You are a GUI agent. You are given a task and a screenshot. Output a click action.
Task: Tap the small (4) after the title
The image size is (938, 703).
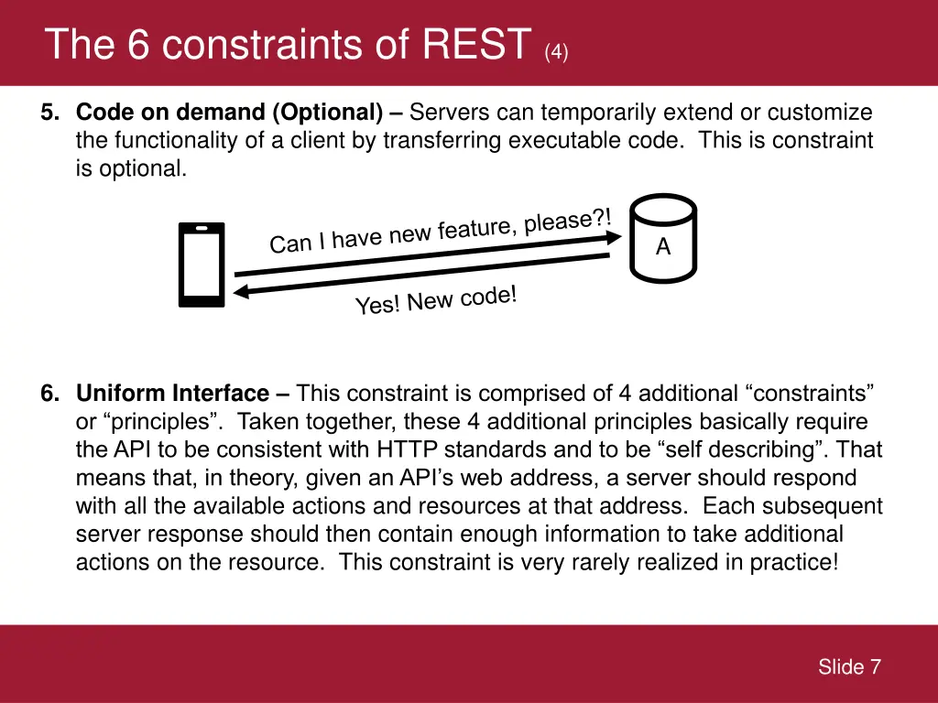pos(556,52)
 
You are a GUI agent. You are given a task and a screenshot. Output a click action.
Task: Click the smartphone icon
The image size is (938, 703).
pos(202,265)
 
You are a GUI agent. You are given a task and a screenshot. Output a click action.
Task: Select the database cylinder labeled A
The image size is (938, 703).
pos(663,238)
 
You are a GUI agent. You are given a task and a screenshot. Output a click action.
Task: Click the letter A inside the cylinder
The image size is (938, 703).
pos(663,246)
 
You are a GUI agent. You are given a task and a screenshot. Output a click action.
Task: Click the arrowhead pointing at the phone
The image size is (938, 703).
pos(242,292)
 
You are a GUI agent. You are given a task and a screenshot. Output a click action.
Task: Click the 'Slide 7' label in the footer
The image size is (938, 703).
pos(849,667)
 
